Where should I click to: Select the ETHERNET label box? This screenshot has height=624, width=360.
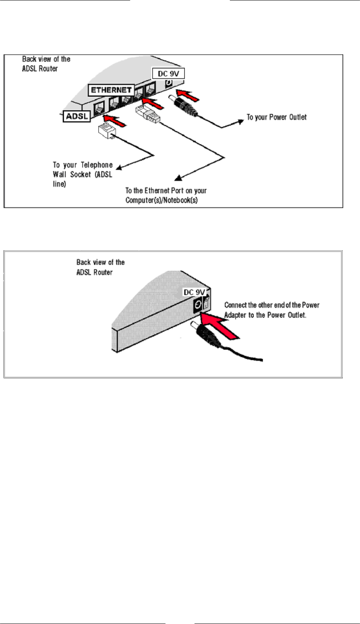[111, 90]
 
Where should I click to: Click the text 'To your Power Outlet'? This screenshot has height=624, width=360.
[276, 117]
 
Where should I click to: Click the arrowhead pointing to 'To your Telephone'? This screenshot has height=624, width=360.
[119, 166]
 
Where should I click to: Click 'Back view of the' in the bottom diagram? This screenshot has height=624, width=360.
[101, 262]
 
